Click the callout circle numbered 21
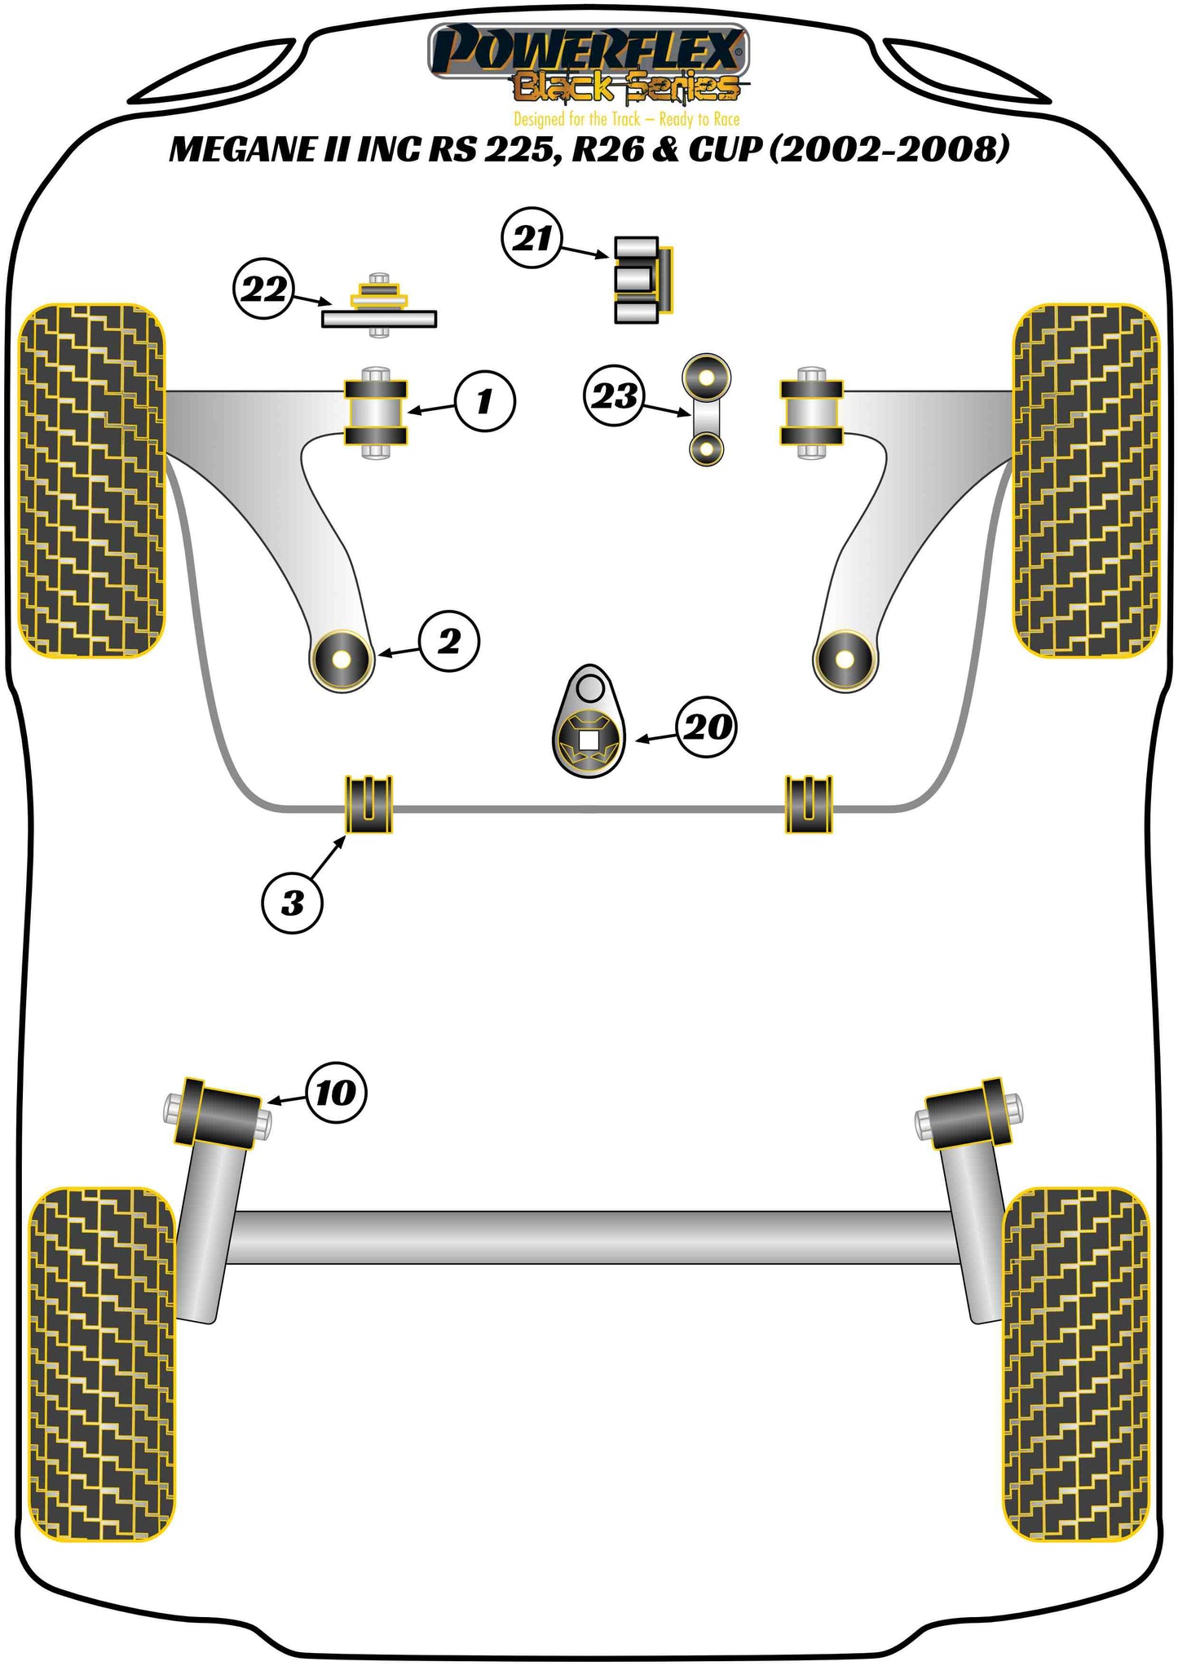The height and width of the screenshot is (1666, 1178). point(532,238)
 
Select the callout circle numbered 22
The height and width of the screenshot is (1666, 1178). point(264,289)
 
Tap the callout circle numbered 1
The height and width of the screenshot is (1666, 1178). point(485,400)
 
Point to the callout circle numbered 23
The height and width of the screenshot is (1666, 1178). point(614,396)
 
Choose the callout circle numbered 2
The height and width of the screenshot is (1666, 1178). point(449,641)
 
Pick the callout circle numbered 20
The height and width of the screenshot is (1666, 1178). point(706,726)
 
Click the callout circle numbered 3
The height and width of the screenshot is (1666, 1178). point(292,903)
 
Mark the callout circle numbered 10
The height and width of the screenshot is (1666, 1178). point(336,1093)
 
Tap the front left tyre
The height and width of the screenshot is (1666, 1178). point(91,481)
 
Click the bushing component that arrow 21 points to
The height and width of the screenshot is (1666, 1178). point(642,280)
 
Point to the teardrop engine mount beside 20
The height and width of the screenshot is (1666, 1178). point(589,723)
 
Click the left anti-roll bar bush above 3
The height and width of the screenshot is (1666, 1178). point(368,805)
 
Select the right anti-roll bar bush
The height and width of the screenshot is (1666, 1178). point(809,805)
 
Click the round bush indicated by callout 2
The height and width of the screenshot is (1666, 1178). point(342,660)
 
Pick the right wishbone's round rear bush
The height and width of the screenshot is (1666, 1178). point(845,660)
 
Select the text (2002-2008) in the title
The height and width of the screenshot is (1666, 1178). point(889,150)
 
